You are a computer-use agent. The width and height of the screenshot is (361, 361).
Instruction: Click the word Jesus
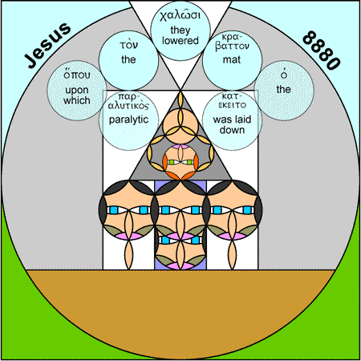click(47, 45)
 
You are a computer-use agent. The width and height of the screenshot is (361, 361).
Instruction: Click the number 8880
click(322, 51)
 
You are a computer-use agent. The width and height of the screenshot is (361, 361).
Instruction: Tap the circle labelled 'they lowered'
click(180, 30)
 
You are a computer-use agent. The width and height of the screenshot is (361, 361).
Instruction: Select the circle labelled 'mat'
click(232, 60)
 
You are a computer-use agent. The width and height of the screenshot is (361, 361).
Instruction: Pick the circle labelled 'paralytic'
click(128, 120)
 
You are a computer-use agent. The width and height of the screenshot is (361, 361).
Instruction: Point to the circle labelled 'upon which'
click(77, 90)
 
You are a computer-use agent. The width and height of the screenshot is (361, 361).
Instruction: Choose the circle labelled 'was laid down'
click(232, 120)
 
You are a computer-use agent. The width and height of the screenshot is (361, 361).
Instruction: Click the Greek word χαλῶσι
click(180, 15)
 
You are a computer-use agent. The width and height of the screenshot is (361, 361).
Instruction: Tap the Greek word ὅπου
click(77, 75)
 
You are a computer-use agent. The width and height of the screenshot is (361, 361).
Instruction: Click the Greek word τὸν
click(128, 45)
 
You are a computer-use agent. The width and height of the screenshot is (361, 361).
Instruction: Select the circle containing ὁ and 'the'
click(284, 90)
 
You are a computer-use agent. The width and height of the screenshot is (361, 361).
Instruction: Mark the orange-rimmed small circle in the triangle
click(180, 162)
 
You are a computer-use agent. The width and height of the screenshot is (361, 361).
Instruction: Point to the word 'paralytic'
click(128, 120)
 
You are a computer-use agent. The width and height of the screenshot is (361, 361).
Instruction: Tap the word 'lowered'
click(180, 41)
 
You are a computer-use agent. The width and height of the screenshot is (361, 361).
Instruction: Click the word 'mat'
click(232, 59)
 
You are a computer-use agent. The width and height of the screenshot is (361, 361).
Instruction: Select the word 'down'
click(232, 130)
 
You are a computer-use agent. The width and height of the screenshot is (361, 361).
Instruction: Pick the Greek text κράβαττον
click(232, 42)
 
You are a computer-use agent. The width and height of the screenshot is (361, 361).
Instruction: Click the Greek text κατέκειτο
click(232, 101)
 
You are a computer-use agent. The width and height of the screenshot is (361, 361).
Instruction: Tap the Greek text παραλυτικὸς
click(128, 102)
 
